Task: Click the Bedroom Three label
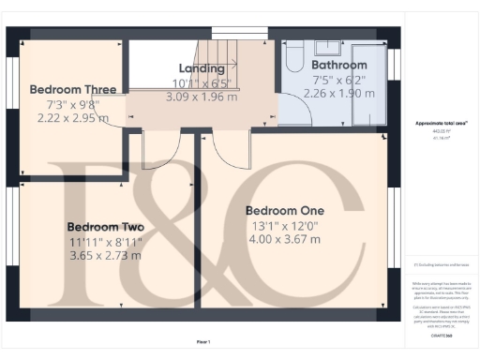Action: tap(72, 90)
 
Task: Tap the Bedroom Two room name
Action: tap(105, 227)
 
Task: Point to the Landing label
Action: tap(202, 68)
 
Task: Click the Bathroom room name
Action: tap(339, 66)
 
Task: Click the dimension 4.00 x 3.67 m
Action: tap(283, 239)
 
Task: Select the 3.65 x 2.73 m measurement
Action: tap(105, 255)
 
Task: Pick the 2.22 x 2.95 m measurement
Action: tap(73, 118)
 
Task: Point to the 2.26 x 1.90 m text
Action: tap(339, 93)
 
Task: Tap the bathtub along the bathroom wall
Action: tap(369, 84)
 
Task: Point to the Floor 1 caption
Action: tap(203, 341)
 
